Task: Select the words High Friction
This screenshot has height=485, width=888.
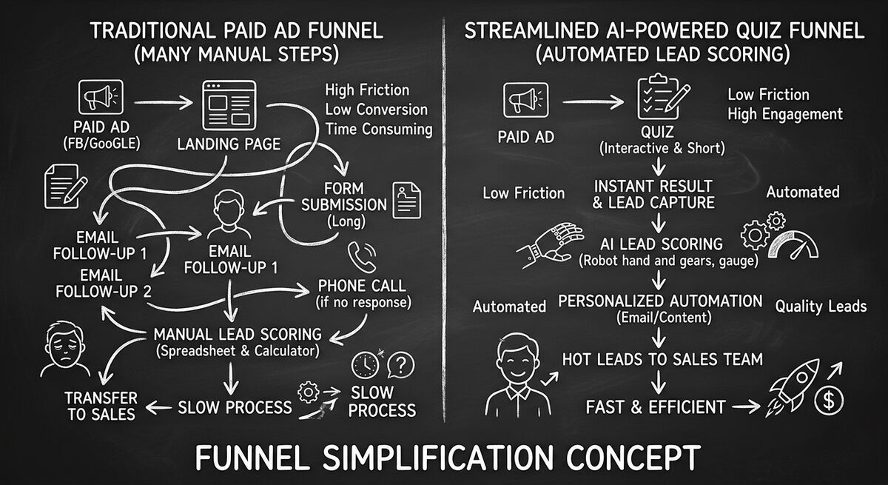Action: [x=367, y=90]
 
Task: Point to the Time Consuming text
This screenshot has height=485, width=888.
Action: [x=378, y=129]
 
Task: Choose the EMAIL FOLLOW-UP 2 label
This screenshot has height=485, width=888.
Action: [x=103, y=282]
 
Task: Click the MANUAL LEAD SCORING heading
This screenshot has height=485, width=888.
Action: [x=237, y=333]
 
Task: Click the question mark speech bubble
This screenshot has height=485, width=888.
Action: [x=400, y=364]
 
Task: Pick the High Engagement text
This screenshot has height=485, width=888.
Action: [x=784, y=114]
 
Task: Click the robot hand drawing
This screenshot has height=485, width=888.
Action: [x=556, y=245]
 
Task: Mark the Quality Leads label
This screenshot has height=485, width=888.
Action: [x=820, y=306]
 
